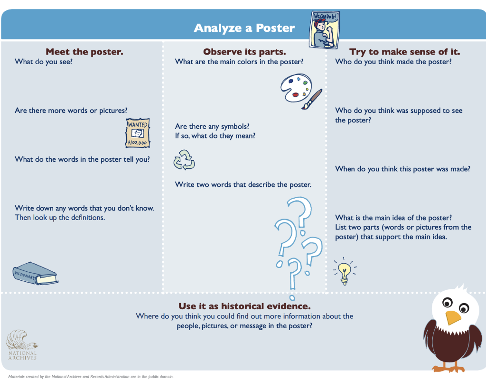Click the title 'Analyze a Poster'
(244, 28)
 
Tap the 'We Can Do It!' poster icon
(326, 29)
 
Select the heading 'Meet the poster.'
(84, 52)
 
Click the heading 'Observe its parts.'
(244, 52)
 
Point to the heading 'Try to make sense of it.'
(404, 52)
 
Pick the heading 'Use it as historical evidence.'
(244, 306)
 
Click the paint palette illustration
(294, 88)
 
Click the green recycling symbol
(184, 160)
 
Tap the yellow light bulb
(345, 271)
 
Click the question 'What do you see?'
(44, 61)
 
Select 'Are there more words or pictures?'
(71, 111)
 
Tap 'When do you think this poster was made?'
(402, 169)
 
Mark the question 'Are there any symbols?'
(212, 126)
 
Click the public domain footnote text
(91, 377)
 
